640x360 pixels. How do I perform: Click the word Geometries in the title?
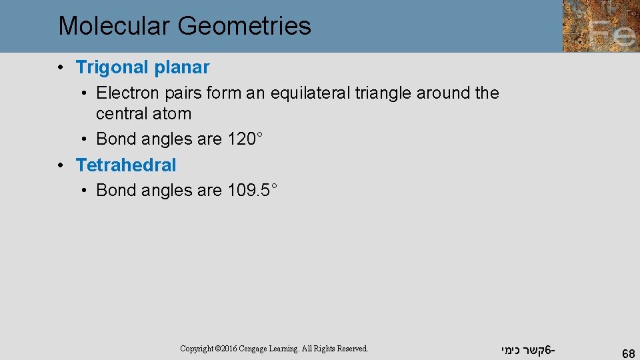click(244, 26)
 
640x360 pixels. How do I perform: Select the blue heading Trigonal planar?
click(143, 67)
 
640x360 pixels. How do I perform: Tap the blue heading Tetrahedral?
click(126, 165)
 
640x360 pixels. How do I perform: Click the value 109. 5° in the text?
click(252, 190)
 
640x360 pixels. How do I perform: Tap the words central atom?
click(143, 114)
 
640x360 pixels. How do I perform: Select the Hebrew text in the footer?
click(527, 349)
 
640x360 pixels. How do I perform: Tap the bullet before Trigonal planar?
click(61, 67)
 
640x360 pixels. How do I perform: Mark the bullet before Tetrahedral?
click(61, 165)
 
